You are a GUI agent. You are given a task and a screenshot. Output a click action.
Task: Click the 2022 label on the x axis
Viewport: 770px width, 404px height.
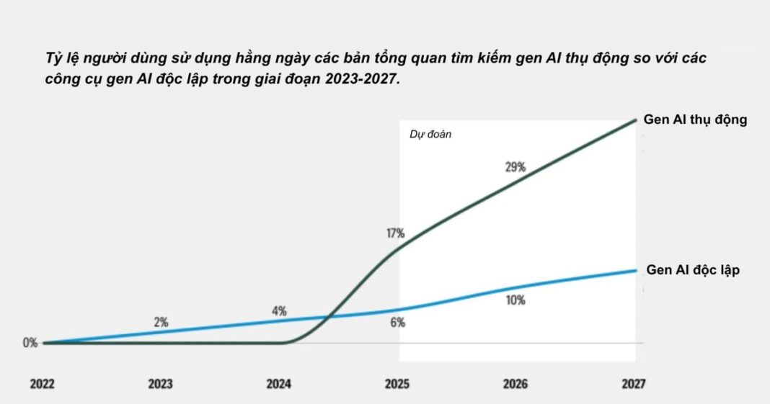click(43, 384)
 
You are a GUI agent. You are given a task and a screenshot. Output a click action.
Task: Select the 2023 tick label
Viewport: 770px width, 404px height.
click(160, 384)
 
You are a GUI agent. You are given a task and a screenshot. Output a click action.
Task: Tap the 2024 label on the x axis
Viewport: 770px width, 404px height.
click(278, 384)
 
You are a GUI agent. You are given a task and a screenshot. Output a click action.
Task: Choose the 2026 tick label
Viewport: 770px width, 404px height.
click(515, 384)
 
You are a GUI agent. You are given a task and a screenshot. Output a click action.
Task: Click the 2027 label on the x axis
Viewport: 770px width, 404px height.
click(632, 384)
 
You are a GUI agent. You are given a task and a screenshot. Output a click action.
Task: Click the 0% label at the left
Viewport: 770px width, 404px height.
click(30, 343)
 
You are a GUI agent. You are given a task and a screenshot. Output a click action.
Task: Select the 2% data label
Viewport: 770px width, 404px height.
click(161, 323)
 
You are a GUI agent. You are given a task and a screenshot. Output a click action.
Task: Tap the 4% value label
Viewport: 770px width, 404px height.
click(279, 311)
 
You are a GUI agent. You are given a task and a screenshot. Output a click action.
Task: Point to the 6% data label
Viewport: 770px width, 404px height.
click(397, 323)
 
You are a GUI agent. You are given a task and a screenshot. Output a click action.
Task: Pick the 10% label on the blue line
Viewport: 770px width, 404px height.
click(515, 300)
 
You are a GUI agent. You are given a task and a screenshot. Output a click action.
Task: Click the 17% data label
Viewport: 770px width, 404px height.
click(395, 233)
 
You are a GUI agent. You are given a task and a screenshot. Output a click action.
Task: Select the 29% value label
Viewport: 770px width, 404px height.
click(515, 167)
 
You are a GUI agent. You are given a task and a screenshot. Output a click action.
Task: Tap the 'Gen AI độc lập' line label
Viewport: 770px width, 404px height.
click(693, 270)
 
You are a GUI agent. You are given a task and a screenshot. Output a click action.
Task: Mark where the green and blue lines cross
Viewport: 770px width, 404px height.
click(329, 317)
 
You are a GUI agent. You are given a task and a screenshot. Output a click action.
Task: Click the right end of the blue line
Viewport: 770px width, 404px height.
click(636, 270)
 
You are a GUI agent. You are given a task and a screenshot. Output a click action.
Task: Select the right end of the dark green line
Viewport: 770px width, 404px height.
click(636, 120)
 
